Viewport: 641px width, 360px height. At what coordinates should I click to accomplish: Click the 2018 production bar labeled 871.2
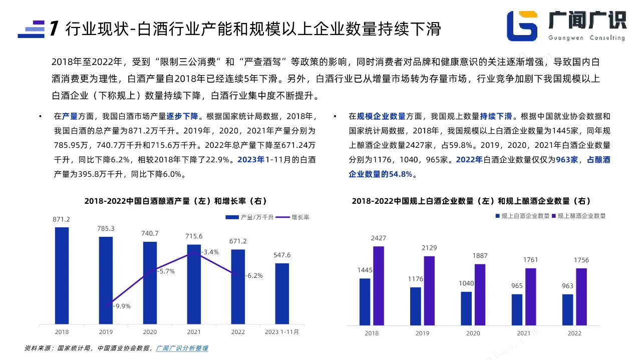click(62, 275)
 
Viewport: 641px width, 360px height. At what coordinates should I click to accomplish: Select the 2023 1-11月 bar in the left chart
click(282, 293)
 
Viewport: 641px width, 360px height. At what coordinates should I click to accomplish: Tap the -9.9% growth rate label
click(122, 306)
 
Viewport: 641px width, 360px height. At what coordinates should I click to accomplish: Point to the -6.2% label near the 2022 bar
click(254, 275)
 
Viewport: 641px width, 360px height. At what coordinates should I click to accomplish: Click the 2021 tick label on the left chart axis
click(194, 332)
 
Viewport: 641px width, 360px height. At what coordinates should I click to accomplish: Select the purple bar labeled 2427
click(379, 285)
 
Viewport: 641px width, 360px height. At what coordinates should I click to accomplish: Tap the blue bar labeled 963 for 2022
click(567, 309)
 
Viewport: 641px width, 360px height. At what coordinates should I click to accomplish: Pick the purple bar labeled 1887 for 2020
click(480, 294)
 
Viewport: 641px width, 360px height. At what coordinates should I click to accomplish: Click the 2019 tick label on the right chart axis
click(422, 333)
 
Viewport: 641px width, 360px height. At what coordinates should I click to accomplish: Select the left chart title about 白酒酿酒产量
click(176, 201)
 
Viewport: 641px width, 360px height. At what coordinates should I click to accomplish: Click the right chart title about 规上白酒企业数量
click(471, 201)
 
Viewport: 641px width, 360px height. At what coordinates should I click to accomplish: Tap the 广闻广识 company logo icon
click(522, 26)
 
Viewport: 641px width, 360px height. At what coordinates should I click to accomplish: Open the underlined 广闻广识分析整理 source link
click(182, 348)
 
